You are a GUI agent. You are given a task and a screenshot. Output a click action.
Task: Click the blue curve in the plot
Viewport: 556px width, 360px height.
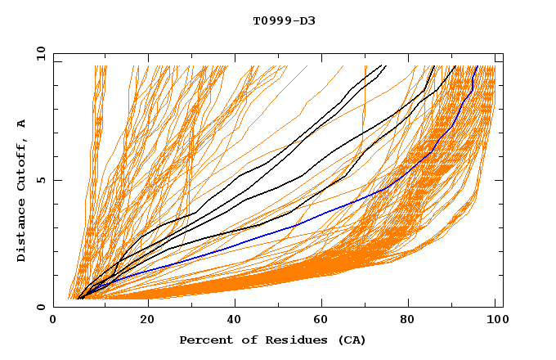tap(245, 237)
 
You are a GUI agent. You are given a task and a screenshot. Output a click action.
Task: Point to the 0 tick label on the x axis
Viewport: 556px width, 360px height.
tap(53, 321)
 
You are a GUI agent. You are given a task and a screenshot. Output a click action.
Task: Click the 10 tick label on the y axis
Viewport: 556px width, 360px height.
tap(39, 53)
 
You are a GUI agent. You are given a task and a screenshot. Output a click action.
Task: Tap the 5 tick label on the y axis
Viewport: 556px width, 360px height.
tap(43, 180)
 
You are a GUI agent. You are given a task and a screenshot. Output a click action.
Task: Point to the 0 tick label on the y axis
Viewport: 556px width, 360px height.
tap(43, 307)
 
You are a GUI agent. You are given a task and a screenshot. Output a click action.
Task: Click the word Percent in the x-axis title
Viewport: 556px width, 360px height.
tap(204, 340)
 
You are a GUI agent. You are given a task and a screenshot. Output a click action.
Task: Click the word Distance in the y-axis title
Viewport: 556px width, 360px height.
tap(21, 230)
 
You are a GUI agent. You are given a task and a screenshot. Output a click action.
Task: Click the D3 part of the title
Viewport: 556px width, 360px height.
tap(307, 20)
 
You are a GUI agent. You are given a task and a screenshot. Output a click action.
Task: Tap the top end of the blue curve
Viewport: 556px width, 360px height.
tap(478, 67)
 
